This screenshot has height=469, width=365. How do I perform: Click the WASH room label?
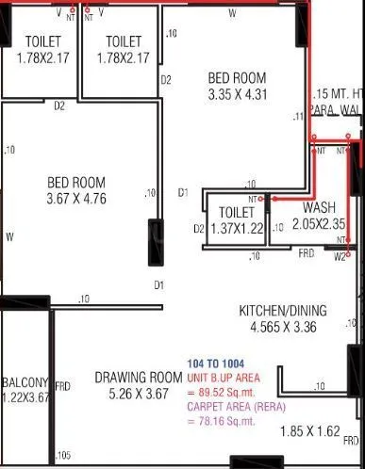[x=320, y=206]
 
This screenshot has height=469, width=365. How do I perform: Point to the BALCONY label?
[x=25, y=382]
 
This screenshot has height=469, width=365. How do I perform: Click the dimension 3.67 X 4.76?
[x=77, y=199]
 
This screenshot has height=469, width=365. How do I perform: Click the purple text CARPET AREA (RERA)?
[x=231, y=408]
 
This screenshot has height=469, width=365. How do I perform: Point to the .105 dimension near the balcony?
[x=62, y=457]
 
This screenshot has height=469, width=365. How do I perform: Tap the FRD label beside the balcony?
[x=63, y=386]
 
